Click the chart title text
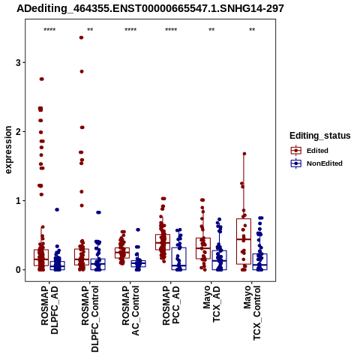(150, 8)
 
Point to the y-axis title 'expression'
(8, 150)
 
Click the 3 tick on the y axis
(18, 62)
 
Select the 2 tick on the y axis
(18, 131)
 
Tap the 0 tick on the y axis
(18, 270)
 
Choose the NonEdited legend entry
(316, 163)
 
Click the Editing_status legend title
(320, 136)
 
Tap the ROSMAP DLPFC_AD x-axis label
(49, 310)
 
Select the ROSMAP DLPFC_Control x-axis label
(90, 319)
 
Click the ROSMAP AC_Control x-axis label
(130, 310)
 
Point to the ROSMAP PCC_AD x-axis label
(171, 305)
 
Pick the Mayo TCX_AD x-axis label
(211, 304)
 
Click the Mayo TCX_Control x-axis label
(252, 313)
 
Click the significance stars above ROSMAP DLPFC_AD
(49, 30)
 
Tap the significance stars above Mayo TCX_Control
(252, 30)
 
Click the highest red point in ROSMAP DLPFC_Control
(81, 37)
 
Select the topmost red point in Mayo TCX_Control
(244, 154)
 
